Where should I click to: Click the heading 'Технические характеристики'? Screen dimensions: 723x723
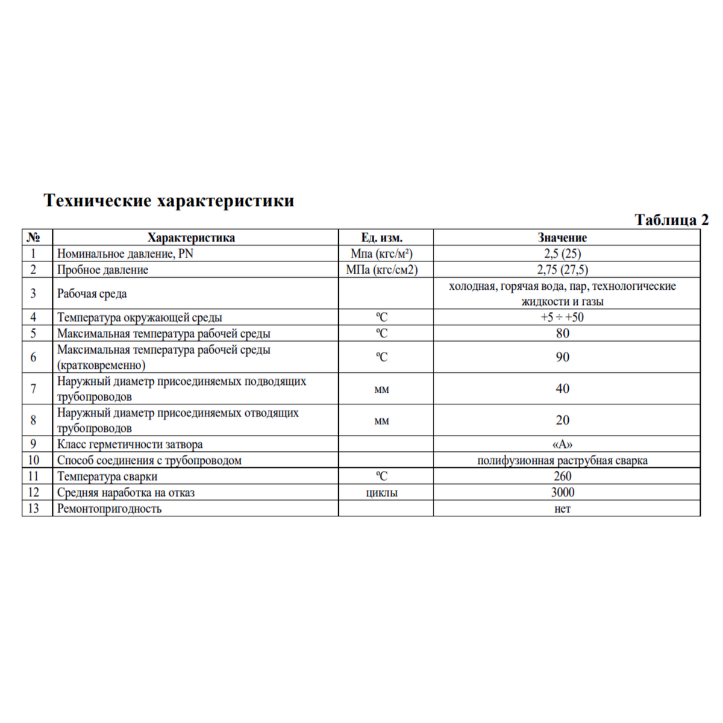[169, 201]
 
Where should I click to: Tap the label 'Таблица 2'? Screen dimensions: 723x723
[671, 221]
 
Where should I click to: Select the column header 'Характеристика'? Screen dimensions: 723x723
[191, 237]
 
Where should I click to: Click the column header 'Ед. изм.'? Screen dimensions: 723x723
[381, 237]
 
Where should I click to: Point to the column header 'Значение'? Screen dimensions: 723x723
[562, 237]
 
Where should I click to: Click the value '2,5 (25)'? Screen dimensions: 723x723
[562, 254]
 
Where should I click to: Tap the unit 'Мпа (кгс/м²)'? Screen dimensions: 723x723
[381, 254]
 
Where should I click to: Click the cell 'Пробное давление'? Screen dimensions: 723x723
[102, 270]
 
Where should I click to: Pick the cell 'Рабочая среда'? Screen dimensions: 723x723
[92, 294]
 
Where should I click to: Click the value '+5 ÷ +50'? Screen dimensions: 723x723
[562, 318]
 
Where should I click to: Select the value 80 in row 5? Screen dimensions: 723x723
[562, 333]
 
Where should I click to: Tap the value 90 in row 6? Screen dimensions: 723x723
[562, 357]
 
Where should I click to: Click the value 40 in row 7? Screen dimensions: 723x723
[562, 389]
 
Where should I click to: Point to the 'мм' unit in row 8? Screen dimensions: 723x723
[381, 421]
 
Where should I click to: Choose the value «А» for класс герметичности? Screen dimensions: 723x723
[562, 445]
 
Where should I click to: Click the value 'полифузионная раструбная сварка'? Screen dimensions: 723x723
[562, 461]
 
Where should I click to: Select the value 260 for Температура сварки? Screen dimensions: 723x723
[562, 476]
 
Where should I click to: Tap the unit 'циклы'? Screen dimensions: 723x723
[381, 493]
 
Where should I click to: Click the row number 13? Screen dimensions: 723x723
[33, 509]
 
